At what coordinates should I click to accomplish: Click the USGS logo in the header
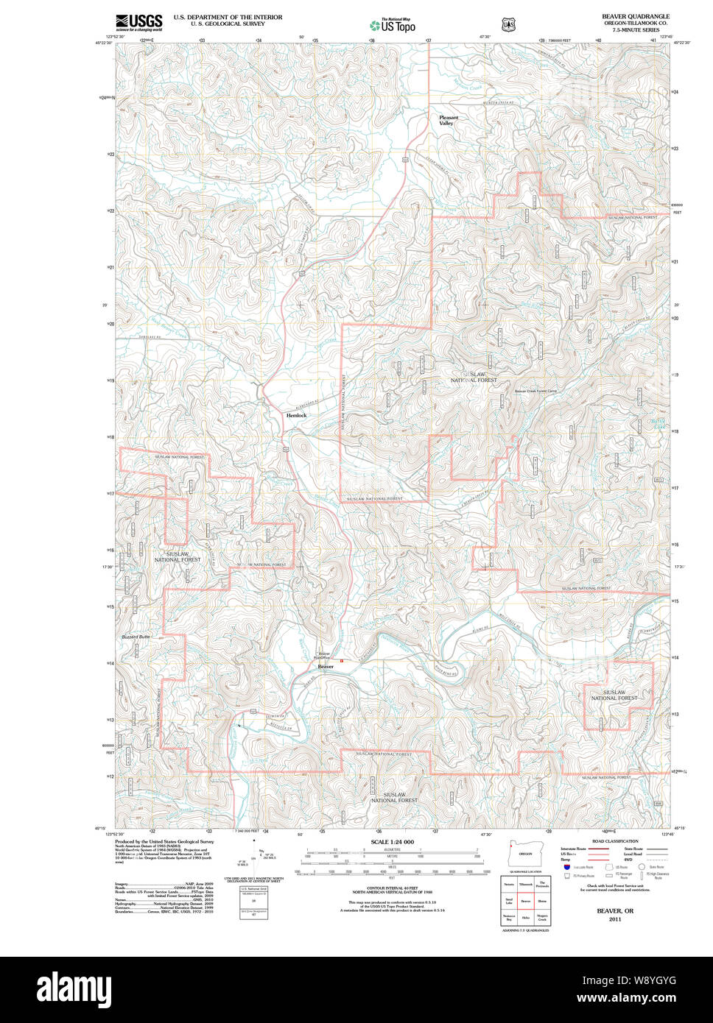(x=138, y=22)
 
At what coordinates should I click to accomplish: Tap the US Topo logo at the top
(x=393, y=25)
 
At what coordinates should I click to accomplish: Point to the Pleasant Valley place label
(x=448, y=120)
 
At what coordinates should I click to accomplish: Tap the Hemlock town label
(x=296, y=415)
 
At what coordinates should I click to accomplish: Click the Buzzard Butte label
(x=136, y=636)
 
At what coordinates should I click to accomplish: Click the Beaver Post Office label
(x=324, y=655)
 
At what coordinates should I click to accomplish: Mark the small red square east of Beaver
(x=341, y=661)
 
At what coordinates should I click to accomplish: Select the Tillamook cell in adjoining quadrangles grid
(x=525, y=884)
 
